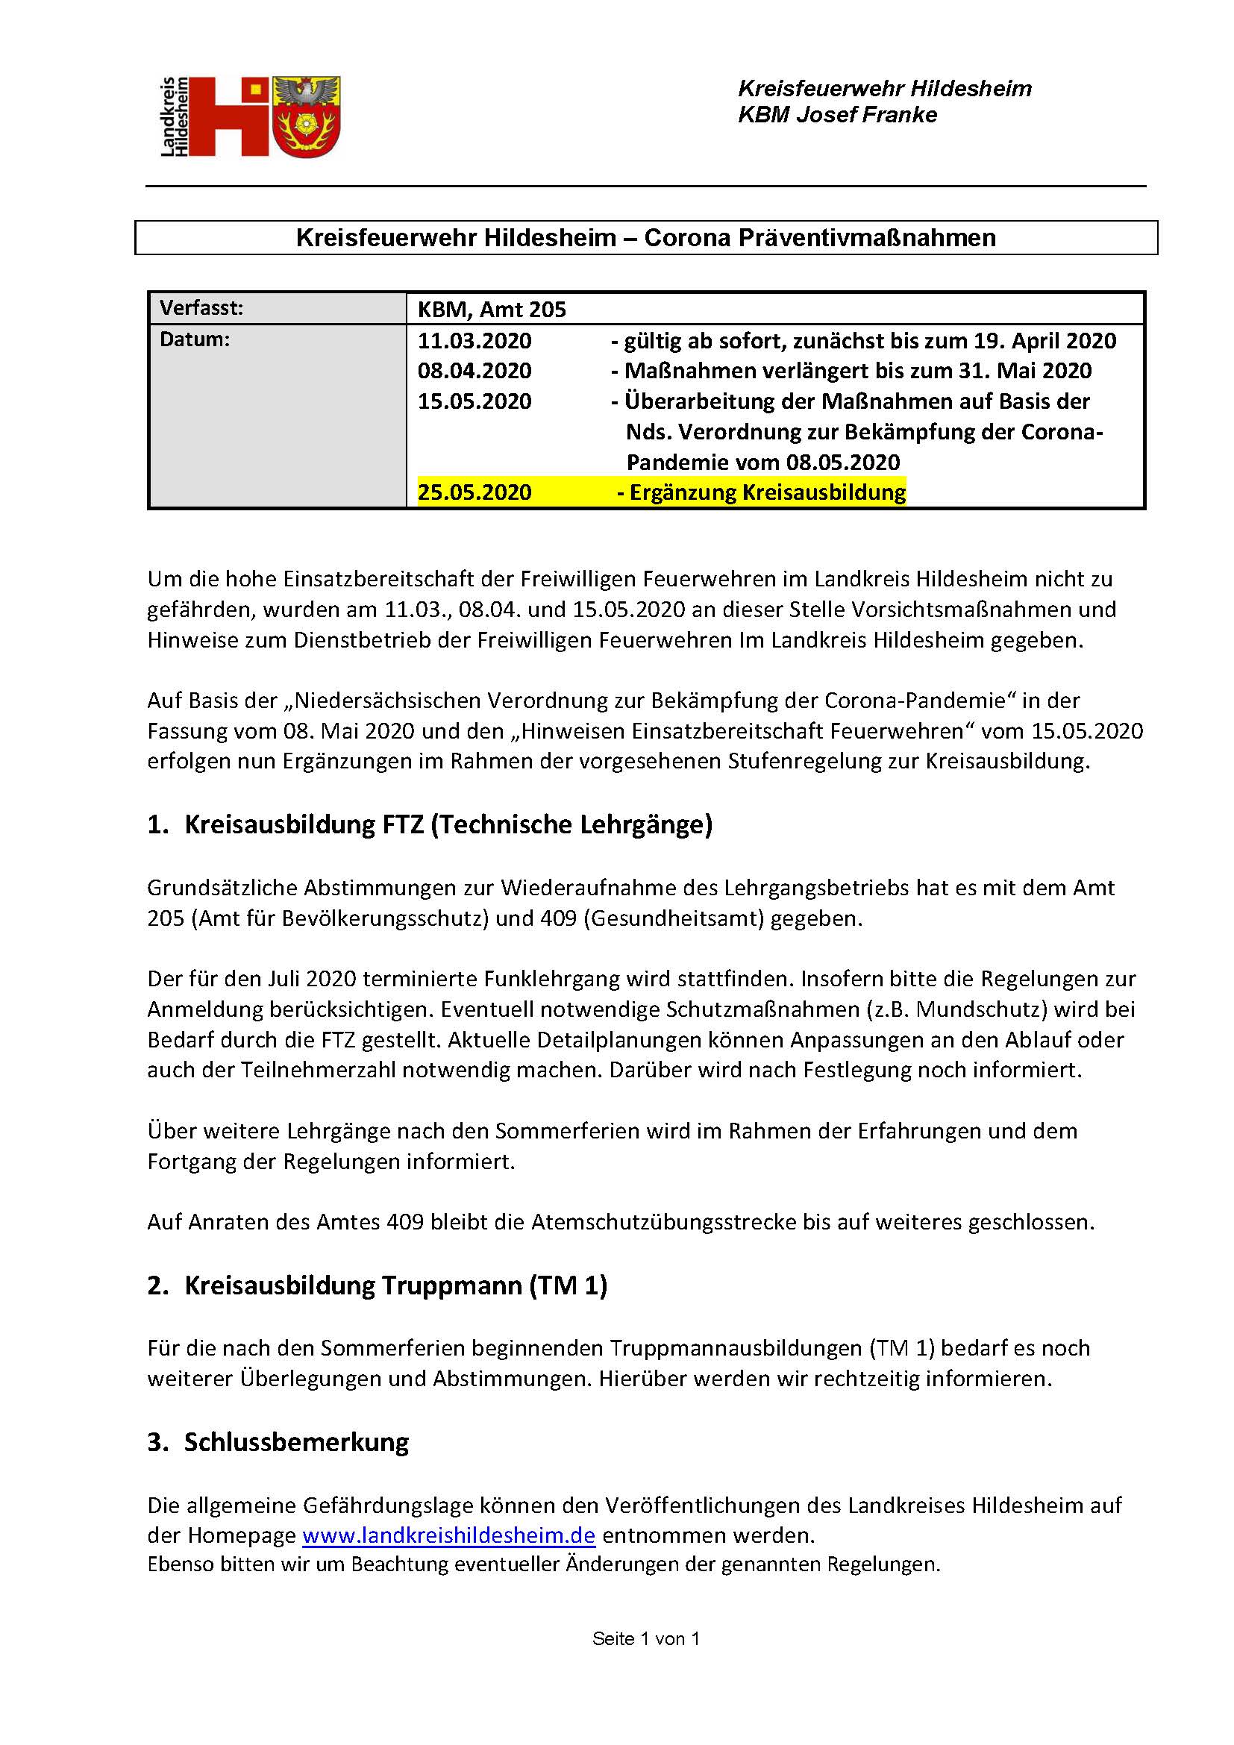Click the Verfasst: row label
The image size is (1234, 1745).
[201, 308]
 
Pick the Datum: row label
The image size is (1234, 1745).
[195, 339]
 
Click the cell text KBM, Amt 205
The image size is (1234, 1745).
[492, 310]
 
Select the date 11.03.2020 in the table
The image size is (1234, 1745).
[475, 340]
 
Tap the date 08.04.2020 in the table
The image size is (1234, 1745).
[475, 371]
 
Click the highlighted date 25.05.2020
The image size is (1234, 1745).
[475, 492]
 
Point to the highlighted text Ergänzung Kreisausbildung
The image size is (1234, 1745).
[768, 492]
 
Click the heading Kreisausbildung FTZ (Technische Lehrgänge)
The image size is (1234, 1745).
[448, 824]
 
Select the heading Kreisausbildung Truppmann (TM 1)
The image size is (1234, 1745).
[395, 1285]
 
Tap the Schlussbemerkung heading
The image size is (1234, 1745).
[296, 1442]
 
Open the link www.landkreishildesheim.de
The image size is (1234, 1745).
[448, 1535]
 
